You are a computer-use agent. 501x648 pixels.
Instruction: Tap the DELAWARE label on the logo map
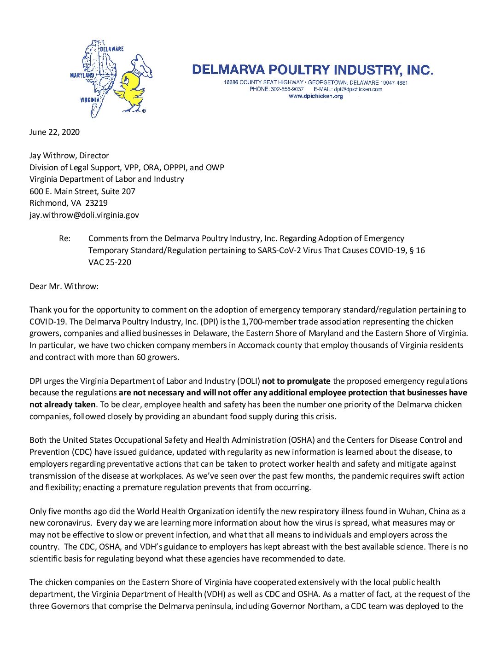112,49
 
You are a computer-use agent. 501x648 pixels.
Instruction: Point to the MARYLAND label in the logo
82,75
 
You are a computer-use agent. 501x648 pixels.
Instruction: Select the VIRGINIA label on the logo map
90,100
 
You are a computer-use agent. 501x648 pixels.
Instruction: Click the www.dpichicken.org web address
316,96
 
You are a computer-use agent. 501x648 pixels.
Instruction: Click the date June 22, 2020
54,132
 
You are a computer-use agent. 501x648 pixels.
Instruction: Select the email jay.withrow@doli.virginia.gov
84,215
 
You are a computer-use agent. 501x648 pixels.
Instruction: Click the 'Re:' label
65,238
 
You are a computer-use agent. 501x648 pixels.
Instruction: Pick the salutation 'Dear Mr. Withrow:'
64,286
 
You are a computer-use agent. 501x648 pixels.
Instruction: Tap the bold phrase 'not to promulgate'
296,381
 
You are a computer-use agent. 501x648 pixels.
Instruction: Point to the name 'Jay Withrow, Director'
69,156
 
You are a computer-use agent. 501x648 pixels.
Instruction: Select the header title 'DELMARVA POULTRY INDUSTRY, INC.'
313,70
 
